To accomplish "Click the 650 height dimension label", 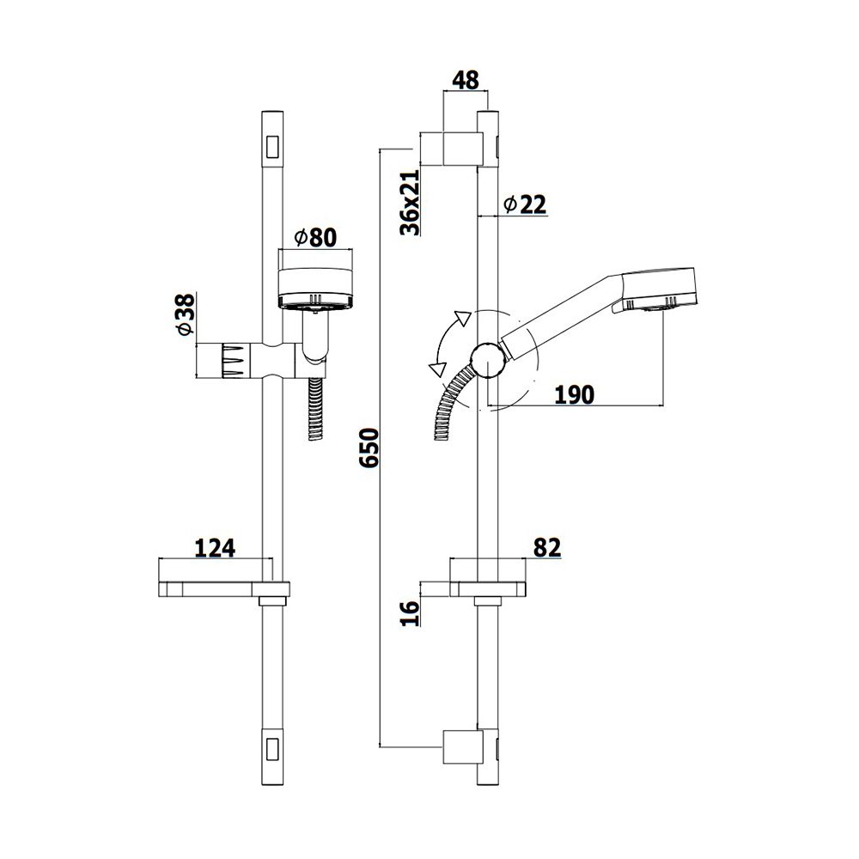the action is tap(369, 448).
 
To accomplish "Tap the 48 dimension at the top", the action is tap(465, 80).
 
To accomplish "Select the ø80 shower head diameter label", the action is tap(315, 237).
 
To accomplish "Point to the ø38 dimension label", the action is tap(186, 314).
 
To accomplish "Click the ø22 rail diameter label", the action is tap(525, 205).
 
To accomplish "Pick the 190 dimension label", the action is tap(574, 394).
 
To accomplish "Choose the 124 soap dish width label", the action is tap(216, 548).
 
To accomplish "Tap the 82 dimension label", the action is tap(547, 547).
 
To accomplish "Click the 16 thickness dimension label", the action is tap(410, 613).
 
